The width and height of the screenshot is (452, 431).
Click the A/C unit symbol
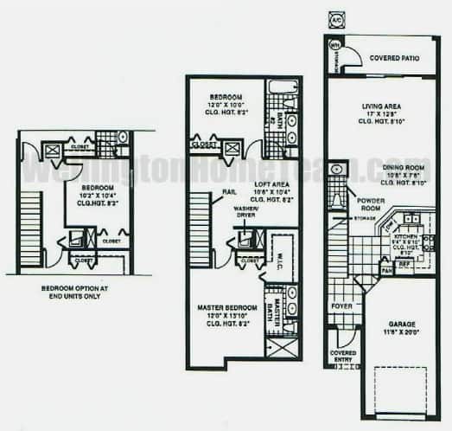point(334,19)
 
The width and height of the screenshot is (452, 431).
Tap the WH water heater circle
point(335,44)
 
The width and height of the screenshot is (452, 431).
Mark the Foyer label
point(341,306)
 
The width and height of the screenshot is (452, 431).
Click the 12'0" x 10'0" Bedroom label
point(228,99)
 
